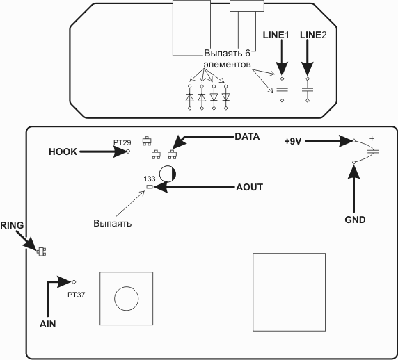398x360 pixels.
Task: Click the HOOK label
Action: (x=63, y=152)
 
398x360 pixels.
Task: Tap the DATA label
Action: (x=247, y=136)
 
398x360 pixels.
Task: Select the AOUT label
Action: (x=249, y=187)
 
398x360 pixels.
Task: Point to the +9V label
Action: (x=293, y=142)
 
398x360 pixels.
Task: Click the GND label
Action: (x=355, y=220)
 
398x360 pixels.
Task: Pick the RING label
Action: (x=12, y=225)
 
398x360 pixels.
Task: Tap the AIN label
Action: (x=48, y=324)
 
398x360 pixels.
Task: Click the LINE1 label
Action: (x=276, y=35)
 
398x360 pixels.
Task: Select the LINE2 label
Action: (x=313, y=35)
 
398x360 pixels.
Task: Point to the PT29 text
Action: (x=122, y=142)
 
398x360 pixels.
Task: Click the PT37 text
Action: (x=76, y=295)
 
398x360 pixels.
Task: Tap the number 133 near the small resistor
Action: (x=149, y=179)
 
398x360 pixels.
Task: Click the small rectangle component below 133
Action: (x=150, y=187)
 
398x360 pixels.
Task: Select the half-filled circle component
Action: (x=168, y=174)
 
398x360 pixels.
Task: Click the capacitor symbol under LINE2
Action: (x=308, y=90)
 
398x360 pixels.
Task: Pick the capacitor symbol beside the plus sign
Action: (x=373, y=152)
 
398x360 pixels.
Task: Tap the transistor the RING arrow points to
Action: (x=41, y=252)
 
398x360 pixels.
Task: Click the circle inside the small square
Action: (x=127, y=298)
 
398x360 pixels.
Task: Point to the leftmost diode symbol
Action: (x=190, y=97)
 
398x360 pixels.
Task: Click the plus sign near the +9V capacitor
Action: (x=372, y=138)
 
